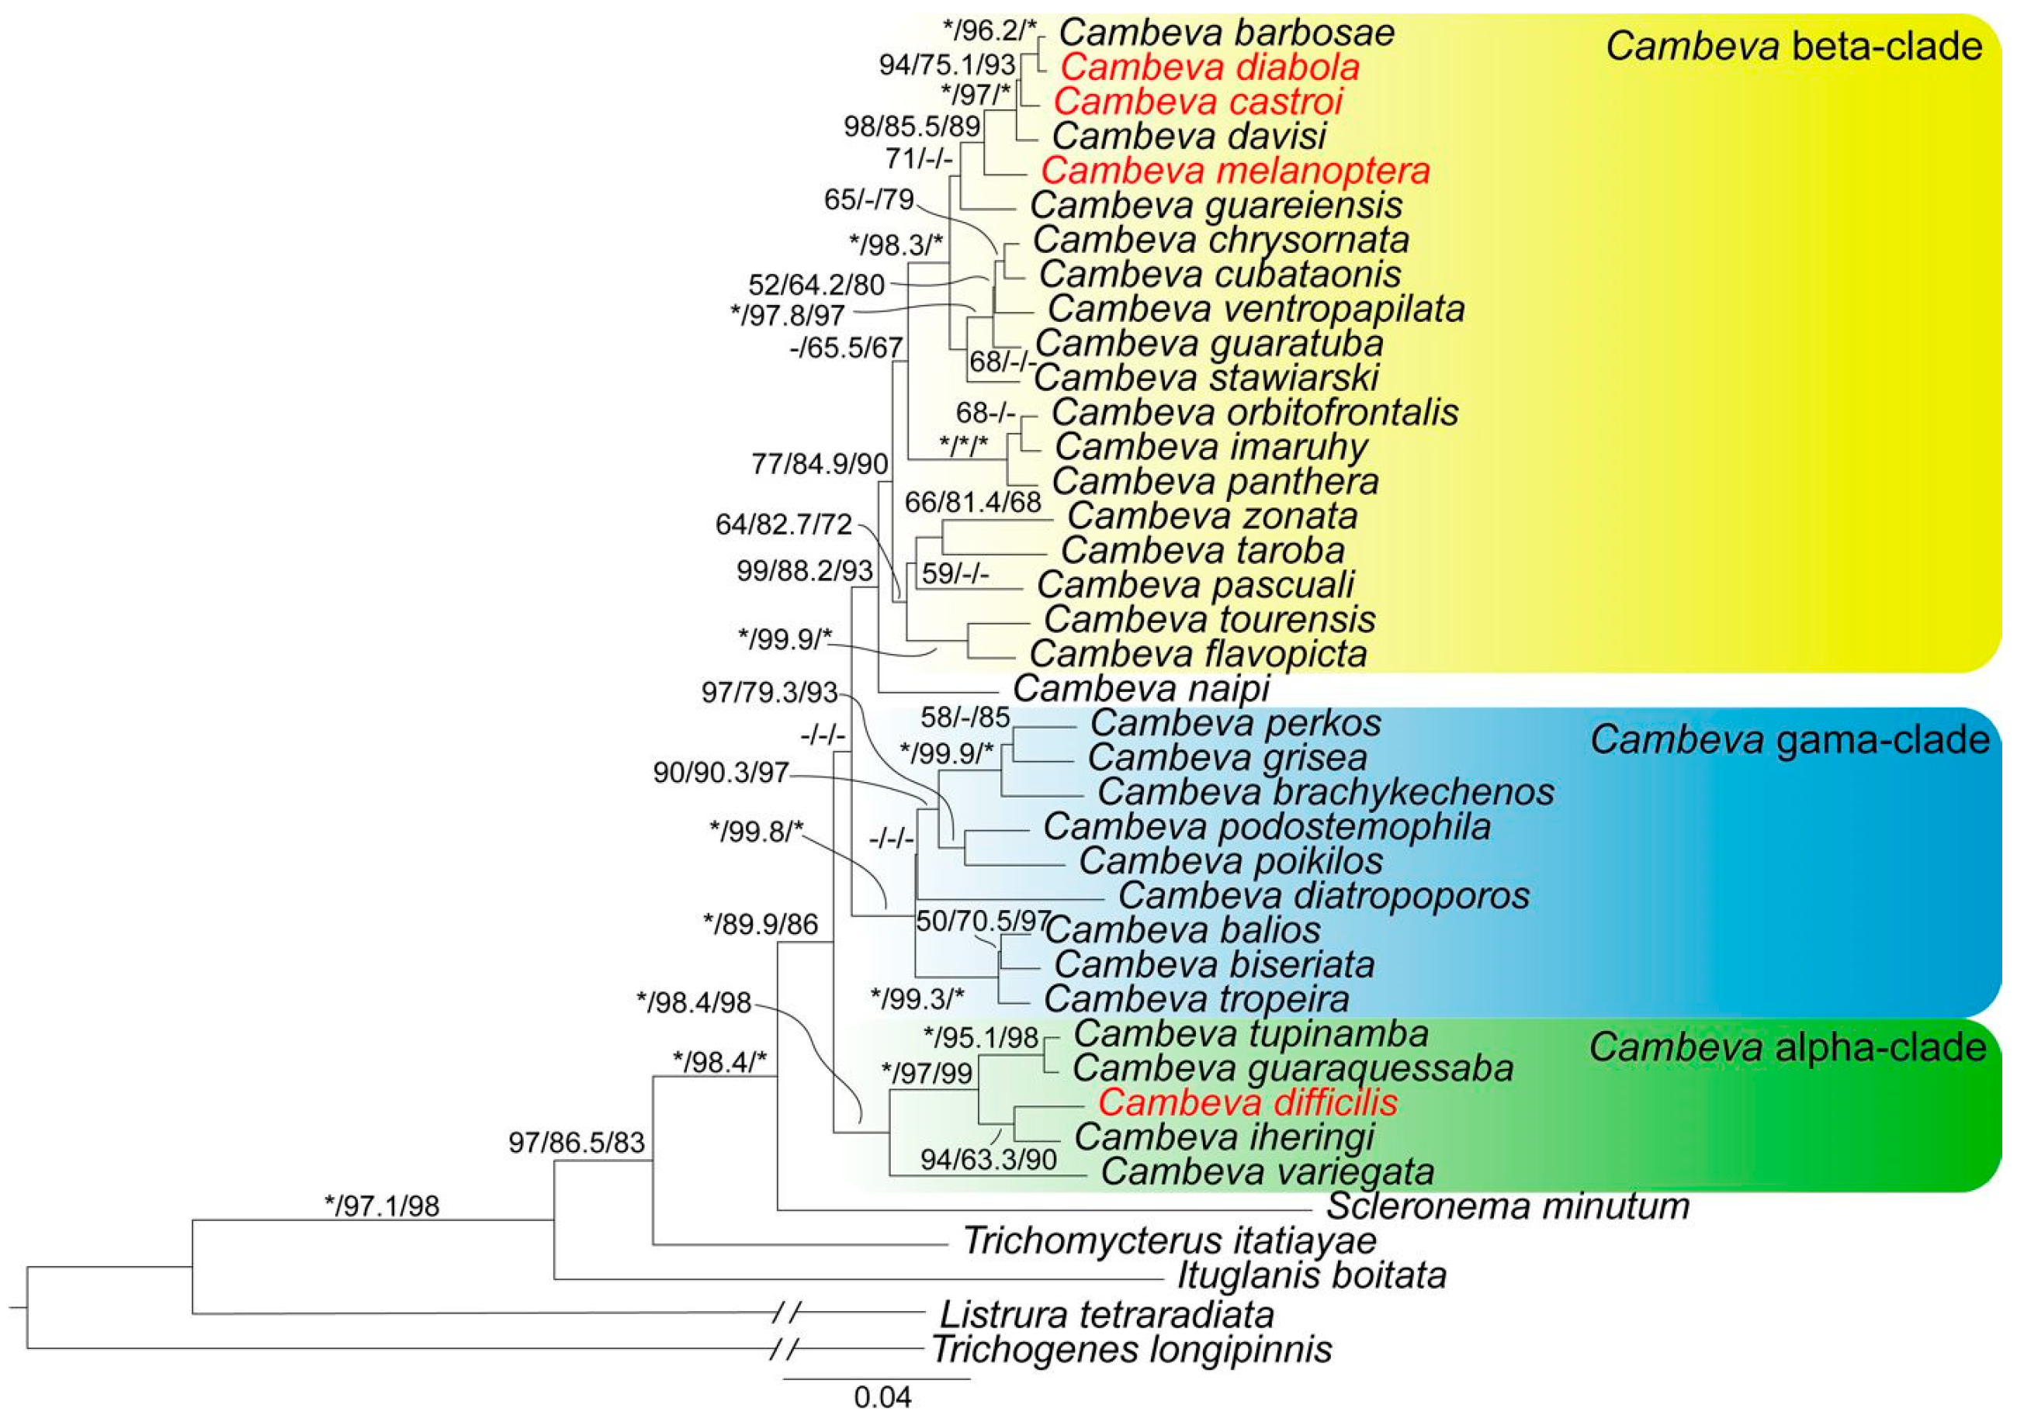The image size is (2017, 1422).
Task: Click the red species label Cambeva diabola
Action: tap(1210, 67)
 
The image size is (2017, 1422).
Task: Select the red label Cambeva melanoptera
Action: tap(1235, 171)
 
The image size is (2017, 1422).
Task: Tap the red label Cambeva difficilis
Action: tap(1247, 1102)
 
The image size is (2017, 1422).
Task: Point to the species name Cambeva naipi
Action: tap(1141, 687)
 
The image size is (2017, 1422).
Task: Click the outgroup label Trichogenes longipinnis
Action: tap(1132, 1349)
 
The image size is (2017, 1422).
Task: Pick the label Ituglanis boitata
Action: tap(1312, 1275)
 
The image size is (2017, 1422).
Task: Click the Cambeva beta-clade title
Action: tap(1793, 47)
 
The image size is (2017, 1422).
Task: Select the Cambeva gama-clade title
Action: tap(1790, 740)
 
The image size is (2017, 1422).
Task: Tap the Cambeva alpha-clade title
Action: tap(1788, 1047)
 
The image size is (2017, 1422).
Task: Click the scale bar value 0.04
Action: tap(882, 1396)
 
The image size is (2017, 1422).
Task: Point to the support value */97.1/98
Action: tap(381, 1206)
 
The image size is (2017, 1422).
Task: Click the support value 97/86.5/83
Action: tap(577, 1142)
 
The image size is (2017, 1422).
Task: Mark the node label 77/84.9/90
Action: tap(820, 464)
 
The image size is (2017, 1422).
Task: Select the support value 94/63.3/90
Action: tap(988, 1159)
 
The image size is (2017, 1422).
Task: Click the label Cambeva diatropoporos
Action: tap(1323, 895)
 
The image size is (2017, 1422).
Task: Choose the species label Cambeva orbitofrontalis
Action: tap(1254, 412)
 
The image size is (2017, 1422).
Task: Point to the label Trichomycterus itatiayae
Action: tap(1170, 1240)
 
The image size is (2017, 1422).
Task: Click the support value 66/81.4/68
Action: tap(972, 503)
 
